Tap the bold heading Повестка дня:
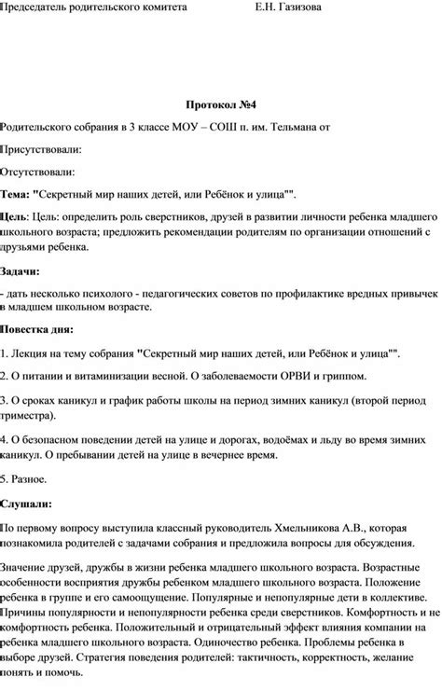point(36,331)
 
